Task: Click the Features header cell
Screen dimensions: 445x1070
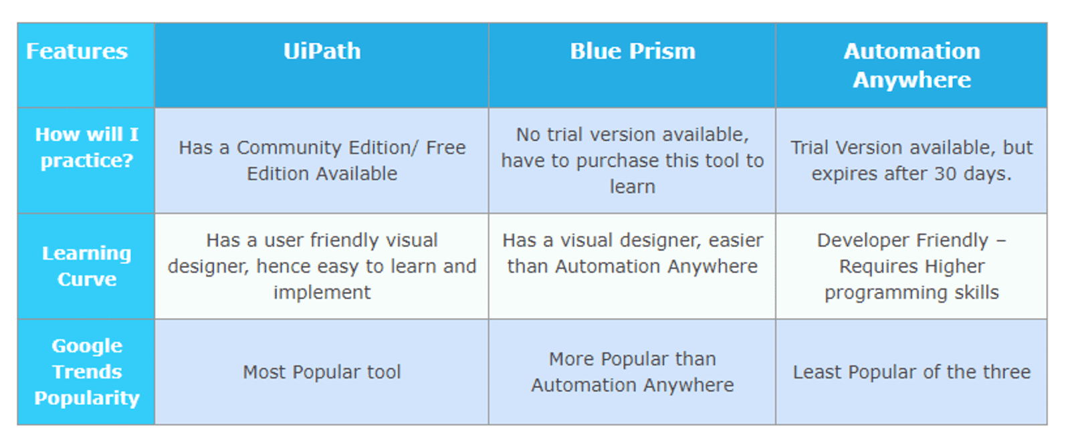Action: (77, 51)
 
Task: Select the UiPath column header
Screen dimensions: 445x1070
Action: (322, 51)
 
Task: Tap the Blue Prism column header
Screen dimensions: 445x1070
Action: (632, 51)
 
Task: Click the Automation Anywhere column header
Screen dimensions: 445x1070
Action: (911, 65)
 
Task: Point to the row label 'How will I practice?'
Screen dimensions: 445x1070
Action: (86, 148)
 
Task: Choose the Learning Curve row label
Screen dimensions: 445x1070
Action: (86, 266)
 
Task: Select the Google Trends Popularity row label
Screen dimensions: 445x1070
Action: (86, 372)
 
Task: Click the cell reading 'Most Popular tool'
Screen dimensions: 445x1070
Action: (322, 372)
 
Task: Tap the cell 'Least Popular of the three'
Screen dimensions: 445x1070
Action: (911, 372)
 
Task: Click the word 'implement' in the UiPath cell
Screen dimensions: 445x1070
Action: (322, 293)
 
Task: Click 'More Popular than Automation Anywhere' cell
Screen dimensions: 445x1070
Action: (632, 372)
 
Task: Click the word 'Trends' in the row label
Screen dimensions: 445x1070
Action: (87, 372)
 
